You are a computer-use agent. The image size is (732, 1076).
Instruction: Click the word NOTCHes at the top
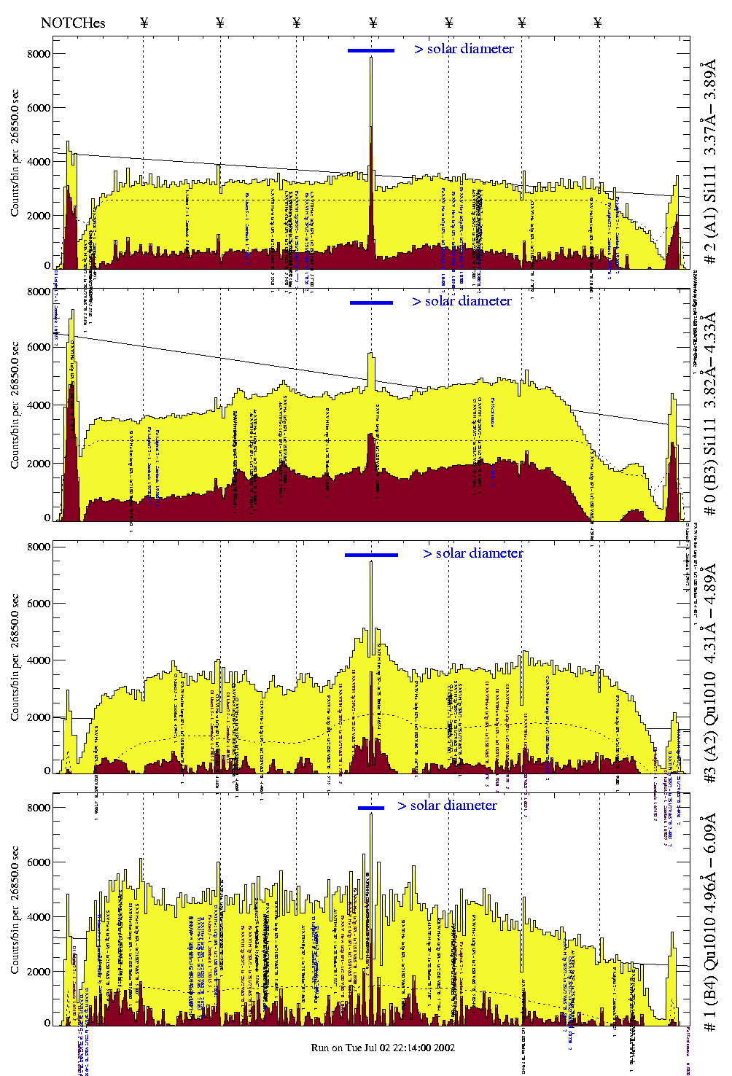click(x=73, y=23)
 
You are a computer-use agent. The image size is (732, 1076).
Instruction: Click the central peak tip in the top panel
click(x=371, y=58)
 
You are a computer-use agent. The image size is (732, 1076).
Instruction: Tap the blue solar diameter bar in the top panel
click(x=371, y=50)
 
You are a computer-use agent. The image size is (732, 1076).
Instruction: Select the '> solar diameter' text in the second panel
click(x=462, y=301)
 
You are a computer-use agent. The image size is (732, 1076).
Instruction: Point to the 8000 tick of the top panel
click(x=39, y=54)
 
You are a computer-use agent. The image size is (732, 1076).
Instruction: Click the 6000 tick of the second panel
click(x=39, y=347)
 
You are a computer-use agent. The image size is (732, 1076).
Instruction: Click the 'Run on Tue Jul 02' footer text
click(x=383, y=1048)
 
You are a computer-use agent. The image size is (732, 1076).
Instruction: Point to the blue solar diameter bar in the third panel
click(x=371, y=555)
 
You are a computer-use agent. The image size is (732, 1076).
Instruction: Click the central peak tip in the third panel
click(x=371, y=562)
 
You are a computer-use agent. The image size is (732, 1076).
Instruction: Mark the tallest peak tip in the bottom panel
click(x=371, y=814)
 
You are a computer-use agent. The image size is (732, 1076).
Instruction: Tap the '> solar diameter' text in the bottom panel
click(x=447, y=806)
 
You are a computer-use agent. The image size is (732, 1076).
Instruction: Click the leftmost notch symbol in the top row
click(x=144, y=23)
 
